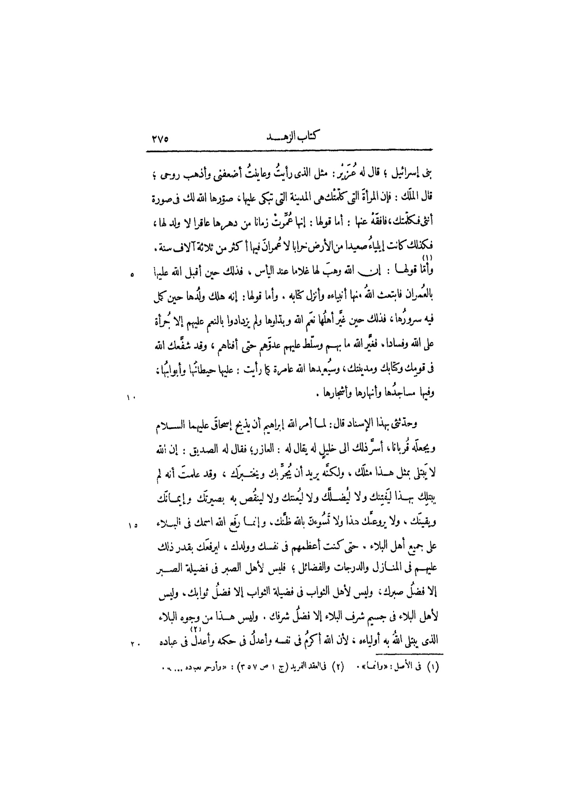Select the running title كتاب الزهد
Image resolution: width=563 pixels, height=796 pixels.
click(x=296, y=138)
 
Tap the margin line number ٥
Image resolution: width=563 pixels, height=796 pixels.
click(x=132, y=275)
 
